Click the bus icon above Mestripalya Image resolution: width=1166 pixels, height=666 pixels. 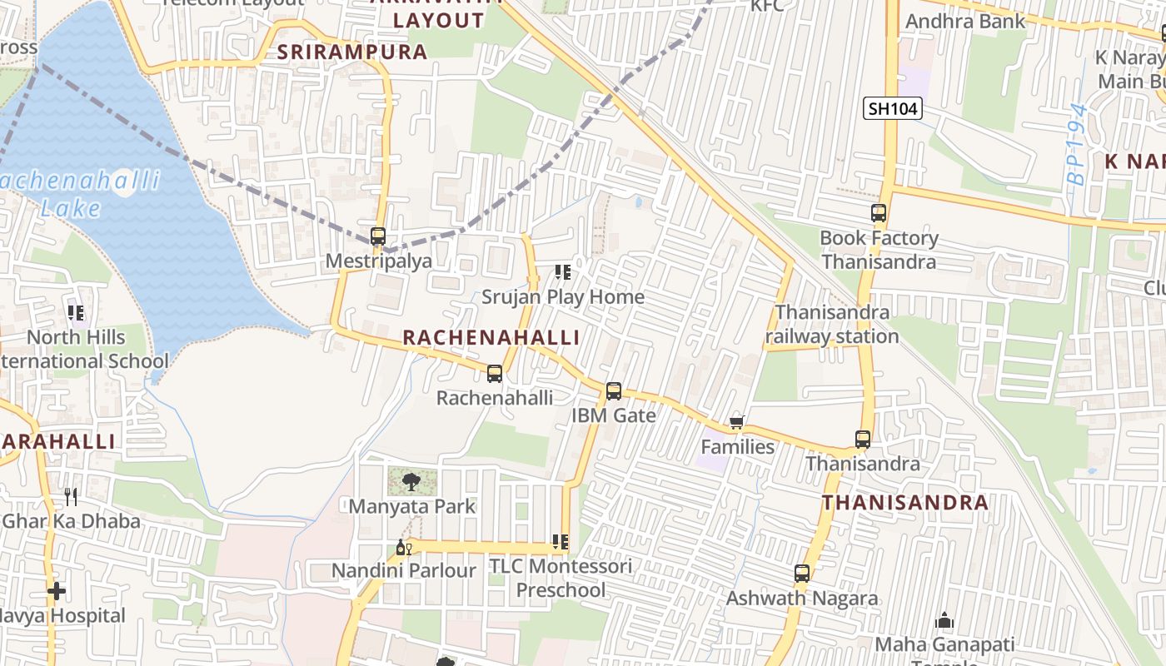(378, 236)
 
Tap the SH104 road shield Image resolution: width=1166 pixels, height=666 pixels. (892, 108)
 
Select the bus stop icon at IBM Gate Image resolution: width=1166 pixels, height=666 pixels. (614, 390)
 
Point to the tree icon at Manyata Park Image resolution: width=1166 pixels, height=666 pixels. (411, 481)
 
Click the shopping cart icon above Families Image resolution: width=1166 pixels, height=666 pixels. (736, 423)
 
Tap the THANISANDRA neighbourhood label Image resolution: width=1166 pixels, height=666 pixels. (905, 503)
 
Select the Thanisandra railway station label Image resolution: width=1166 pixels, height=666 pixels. (832, 324)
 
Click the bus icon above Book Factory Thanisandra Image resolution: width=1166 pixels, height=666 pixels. (879, 213)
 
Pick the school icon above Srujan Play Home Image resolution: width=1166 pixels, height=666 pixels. (563, 272)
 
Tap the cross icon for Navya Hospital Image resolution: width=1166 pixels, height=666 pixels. (57, 591)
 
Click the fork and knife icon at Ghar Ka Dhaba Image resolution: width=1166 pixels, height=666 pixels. (71, 497)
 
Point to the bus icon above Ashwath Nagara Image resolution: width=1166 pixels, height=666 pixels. (801, 574)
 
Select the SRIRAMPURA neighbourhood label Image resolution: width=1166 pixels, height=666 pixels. (352, 52)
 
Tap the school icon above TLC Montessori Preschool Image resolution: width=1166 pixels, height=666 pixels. (561, 543)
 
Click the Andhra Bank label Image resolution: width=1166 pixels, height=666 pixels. (965, 22)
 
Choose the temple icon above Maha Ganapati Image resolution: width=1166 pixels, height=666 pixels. (944, 620)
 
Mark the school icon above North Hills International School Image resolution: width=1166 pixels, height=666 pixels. (76, 313)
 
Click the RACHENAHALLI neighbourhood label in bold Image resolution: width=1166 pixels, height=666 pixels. (491, 337)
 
